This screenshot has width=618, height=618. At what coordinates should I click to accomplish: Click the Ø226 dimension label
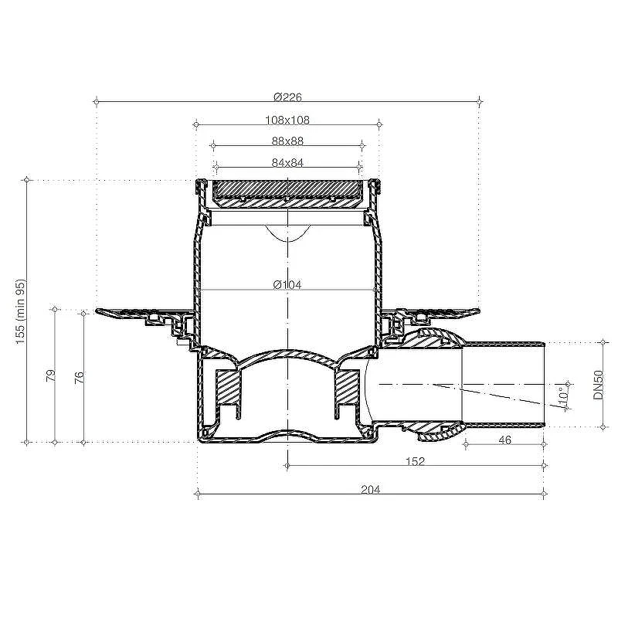[287, 97]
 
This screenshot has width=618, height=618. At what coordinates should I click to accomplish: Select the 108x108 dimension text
[287, 120]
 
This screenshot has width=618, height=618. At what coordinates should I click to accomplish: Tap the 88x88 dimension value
[287, 141]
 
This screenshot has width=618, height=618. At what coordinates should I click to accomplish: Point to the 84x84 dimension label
[287, 162]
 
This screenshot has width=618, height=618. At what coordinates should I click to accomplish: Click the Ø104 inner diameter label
[287, 284]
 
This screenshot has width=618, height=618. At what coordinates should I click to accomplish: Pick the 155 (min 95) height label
[20, 311]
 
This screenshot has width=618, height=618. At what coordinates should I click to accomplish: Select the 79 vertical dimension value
[51, 375]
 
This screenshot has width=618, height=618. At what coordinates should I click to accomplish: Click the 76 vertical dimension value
[80, 378]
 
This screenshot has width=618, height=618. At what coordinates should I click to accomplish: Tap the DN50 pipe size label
[598, 385]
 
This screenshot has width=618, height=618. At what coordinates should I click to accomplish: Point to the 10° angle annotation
[563, 396]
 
